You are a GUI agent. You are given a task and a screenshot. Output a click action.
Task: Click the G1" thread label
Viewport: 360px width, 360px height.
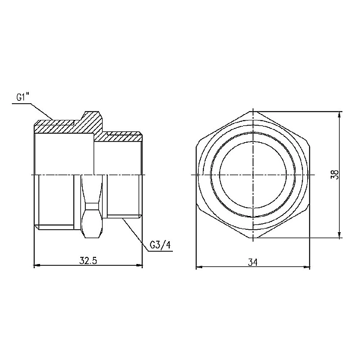pos(23,96)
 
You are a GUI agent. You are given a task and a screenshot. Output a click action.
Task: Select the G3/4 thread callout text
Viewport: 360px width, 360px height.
pos(160,244)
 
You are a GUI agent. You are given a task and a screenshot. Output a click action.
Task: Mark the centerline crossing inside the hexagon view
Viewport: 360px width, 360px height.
pos(254,175)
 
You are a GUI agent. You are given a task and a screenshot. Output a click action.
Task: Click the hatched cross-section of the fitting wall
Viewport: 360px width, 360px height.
pos(60,127)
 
